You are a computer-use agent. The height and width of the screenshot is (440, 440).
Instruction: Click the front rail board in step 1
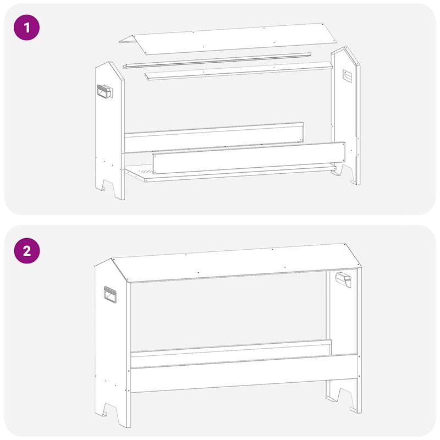click(x=248, y=159)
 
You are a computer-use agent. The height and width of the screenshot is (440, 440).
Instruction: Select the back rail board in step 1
click(x=215, y=137)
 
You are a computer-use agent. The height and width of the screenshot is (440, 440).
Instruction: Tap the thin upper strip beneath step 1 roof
click(x=217, y=61)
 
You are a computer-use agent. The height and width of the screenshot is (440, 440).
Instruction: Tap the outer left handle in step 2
click(x=111, y=295)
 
